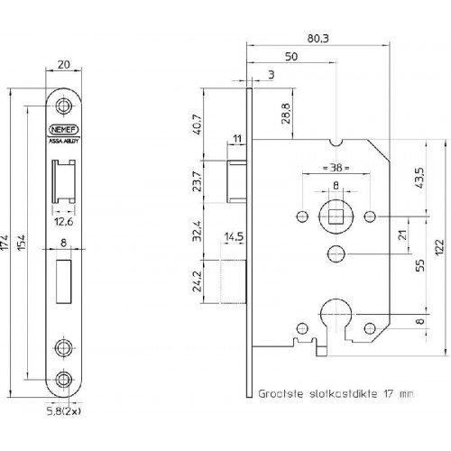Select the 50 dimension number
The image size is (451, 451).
[291, 57]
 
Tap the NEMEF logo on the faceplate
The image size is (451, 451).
[63, 130]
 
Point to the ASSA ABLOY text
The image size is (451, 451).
[63, 141]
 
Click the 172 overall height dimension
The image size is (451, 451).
[5, 243]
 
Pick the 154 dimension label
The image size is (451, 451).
[22, 243]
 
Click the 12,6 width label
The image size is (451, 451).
[64, 222]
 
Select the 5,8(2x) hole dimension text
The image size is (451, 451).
[64, 411]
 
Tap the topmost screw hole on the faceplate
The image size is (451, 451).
[63, 106]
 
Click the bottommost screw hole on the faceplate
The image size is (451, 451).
[63, 380]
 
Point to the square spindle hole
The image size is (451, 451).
[336, 216]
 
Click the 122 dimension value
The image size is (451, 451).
[439, 247]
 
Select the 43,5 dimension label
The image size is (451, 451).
[419, 178]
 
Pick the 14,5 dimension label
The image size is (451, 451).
[234, 236]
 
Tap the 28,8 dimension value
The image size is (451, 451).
[286, 114]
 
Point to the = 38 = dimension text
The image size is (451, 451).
[336, 167]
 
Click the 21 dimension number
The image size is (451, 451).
[402, 235]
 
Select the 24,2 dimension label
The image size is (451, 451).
[198, 281]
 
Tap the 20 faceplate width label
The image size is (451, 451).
[63, 64]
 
